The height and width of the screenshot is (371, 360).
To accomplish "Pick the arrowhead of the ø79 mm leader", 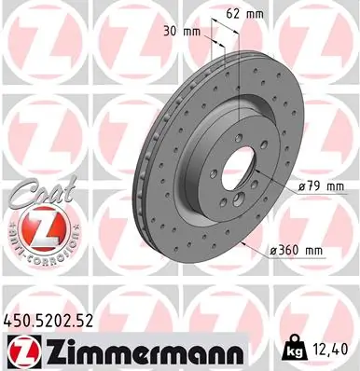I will pyautogui.click(x=263, y=179).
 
